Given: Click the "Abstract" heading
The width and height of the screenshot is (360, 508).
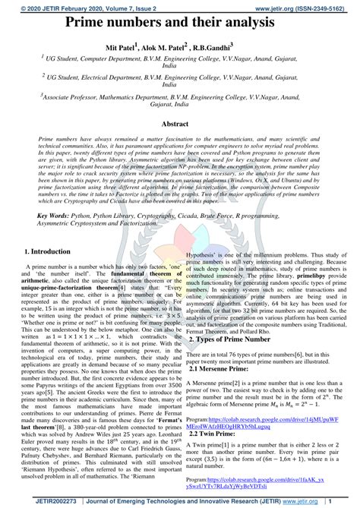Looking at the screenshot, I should pos(180,122).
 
